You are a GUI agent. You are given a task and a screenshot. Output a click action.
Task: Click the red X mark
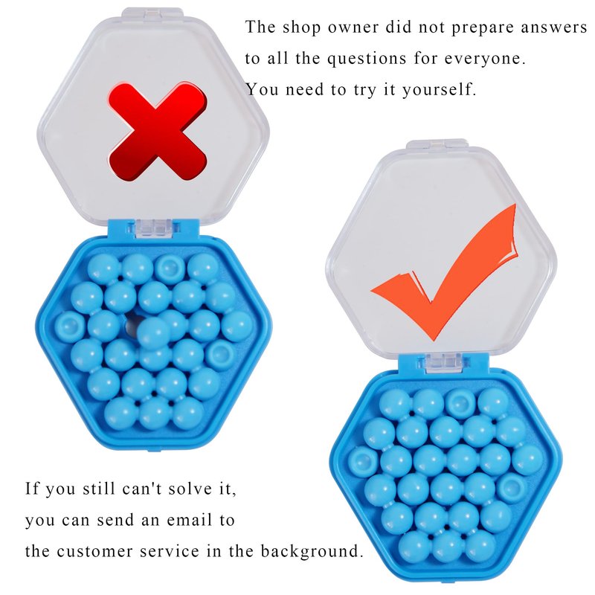click(x=158, y=131)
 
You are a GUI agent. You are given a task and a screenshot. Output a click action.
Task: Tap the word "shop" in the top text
click(x=301, y=28)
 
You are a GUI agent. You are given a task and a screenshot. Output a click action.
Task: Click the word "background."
click(x=312, y=551)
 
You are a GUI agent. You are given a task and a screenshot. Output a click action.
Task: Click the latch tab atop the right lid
click(x=437, y=144)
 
